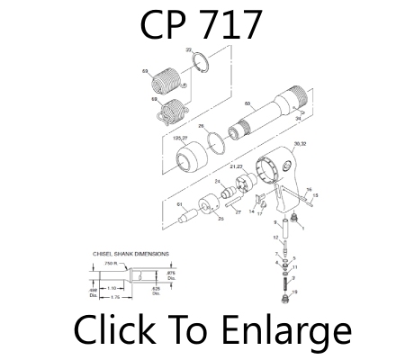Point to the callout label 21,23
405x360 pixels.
pos(238,166)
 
